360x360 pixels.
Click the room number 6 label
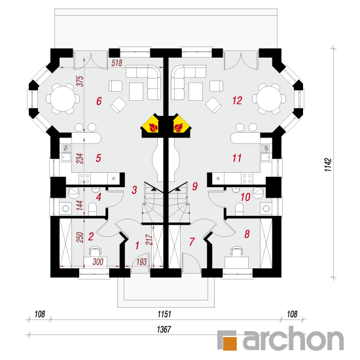pos(99,101)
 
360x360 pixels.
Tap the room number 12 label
pos(237,101)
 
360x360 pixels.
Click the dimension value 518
pos(117,63)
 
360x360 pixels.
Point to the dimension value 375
pos(80,81)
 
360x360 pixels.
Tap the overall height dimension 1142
pos(328,164)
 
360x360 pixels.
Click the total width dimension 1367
pos(164,329)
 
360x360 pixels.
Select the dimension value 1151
pos(164,314)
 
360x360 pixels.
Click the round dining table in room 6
pos(63,99)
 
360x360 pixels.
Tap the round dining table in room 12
pos(269,99)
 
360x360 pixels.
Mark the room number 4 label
pos(99,197)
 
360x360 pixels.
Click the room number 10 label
pos(245,197)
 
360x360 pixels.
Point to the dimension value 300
pos(98,262)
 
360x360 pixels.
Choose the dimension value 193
pos(141,262)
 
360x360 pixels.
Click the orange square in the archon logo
pos(230,344)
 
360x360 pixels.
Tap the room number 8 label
pos(247,234)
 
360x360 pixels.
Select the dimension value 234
pos(80,158)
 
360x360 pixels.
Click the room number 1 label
pos(137,245)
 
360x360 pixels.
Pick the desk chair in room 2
pos(95,251)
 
